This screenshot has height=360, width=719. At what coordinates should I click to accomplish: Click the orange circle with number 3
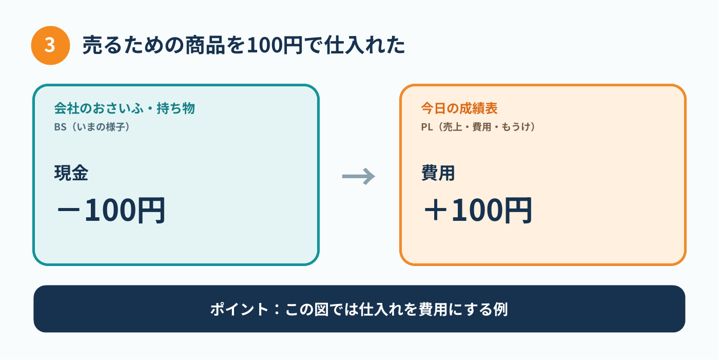point(50,45)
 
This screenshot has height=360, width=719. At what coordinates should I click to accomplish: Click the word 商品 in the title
point(204,45)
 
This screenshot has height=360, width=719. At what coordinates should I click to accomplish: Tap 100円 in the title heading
point(275,45)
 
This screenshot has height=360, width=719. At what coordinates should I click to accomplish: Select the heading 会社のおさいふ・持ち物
point(125,108)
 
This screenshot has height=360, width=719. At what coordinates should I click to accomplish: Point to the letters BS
point(61,127)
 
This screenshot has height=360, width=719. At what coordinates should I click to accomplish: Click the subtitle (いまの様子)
point(101,127)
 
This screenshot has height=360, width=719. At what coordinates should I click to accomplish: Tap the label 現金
point(71,173)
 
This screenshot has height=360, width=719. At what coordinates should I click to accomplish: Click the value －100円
point(111,211)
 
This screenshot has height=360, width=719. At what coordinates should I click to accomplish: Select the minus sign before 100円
point(68,211)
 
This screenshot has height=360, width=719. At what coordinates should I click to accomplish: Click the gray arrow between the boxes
point(359,176)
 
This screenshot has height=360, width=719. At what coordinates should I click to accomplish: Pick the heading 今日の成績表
point(459,108)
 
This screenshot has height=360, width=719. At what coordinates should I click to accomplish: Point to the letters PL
point(427,127)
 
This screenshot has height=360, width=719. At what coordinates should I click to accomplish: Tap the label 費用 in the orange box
point(438,173)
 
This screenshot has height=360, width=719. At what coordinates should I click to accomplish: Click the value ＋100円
point(478,211)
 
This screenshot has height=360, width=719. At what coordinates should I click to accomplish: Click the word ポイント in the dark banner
point(240,309)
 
